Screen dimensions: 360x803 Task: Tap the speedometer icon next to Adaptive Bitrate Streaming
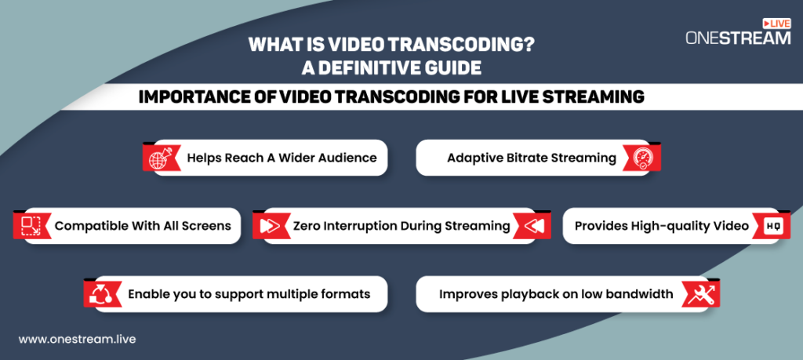(x=642, y=158)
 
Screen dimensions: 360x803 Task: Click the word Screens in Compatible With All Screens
(x=207, y=226)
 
